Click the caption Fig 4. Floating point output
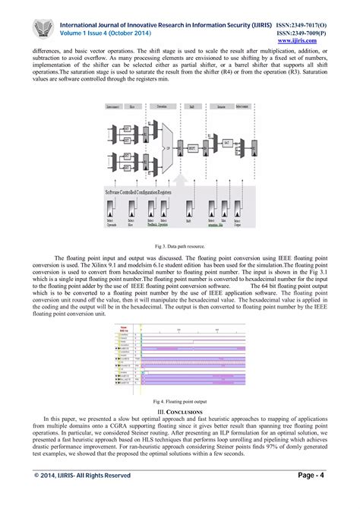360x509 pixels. [x=179, y=400]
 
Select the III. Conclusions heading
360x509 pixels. [x=179, y=411]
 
